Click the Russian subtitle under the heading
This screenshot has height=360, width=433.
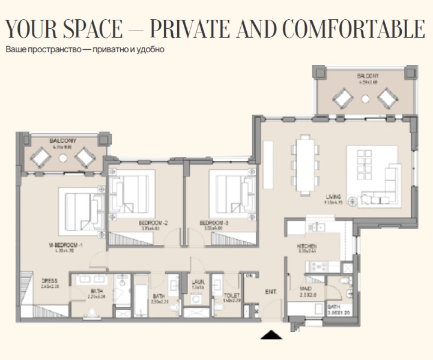(x=85, y=49)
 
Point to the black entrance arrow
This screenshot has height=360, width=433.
(x=271, y=335)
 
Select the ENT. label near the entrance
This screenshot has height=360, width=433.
(x=271, y=292)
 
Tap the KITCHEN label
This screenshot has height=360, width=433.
(x=307, y=247)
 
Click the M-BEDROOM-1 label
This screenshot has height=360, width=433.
(x=62, y=245)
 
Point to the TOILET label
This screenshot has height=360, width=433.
(x=232, y=295)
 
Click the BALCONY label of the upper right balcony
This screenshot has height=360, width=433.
(x=367, y=76)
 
